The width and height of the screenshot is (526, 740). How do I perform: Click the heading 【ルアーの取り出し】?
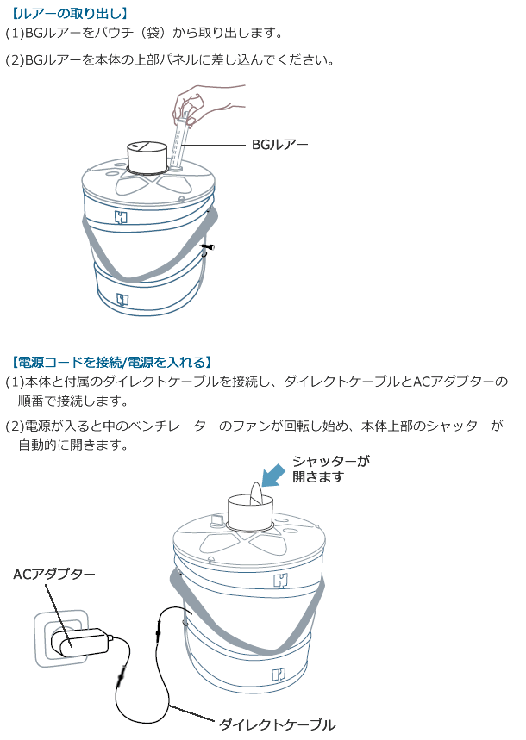[66, 13]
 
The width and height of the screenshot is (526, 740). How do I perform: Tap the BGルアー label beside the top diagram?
[279, 145]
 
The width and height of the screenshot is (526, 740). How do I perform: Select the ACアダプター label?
[53, 574]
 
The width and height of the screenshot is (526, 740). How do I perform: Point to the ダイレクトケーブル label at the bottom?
[277, 724]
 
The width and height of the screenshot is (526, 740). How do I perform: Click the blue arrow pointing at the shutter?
[274, 476]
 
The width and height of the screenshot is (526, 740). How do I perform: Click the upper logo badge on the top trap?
[121, 216]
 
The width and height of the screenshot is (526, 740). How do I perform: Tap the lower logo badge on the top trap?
[121, 299]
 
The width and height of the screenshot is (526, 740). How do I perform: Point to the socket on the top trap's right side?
[206, 250]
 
